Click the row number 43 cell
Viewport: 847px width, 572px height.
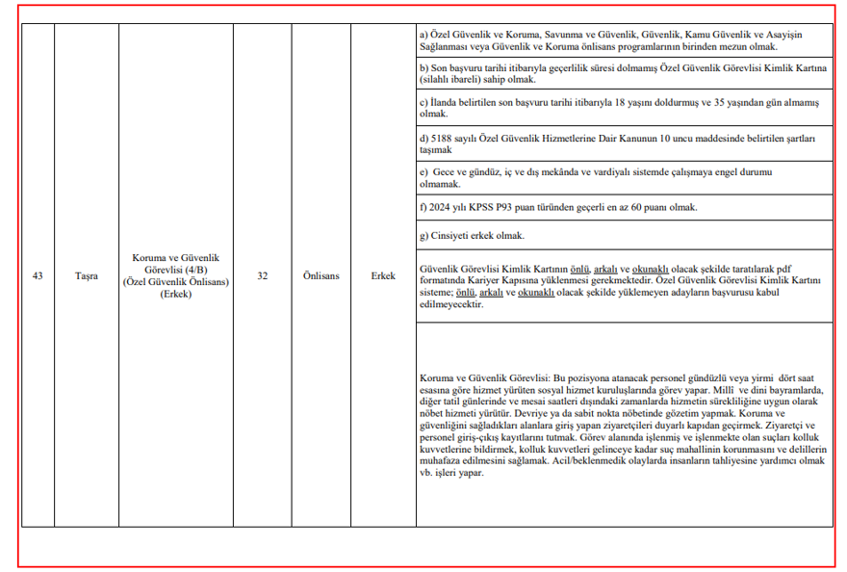[x=38, y=276]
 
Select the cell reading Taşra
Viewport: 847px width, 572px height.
[x=87, y=276]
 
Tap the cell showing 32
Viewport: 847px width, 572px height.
[x=262, y=276]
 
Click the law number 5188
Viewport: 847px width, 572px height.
[x=443, y=139]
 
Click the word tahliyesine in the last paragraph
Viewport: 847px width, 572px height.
[x=734, y=461]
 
